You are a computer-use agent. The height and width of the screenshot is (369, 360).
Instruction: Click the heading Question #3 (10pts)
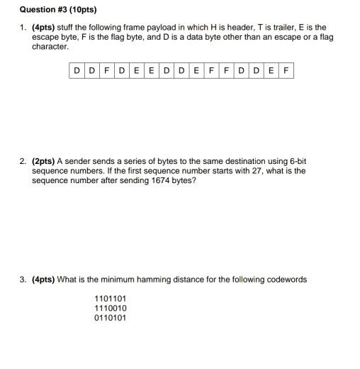click(48, 10)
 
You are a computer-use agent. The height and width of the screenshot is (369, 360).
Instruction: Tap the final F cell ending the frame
click(286, 70)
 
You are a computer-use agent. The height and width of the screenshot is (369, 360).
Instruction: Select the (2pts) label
click(44, 161)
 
